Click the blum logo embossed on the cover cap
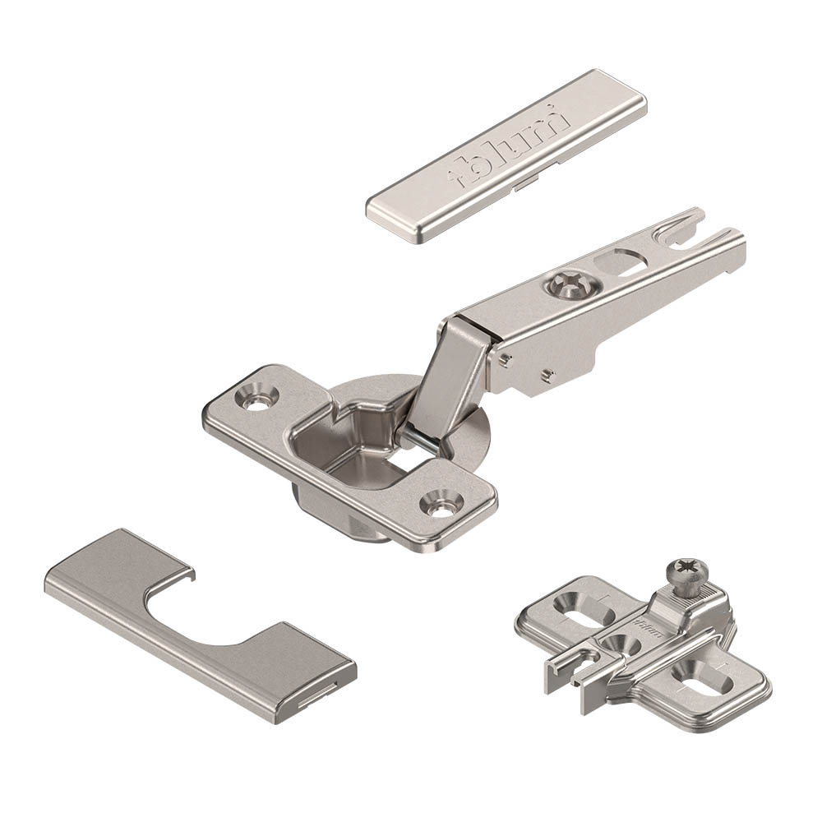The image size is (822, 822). pos(508,147)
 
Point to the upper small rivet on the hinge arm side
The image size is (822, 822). pos(505,358)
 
